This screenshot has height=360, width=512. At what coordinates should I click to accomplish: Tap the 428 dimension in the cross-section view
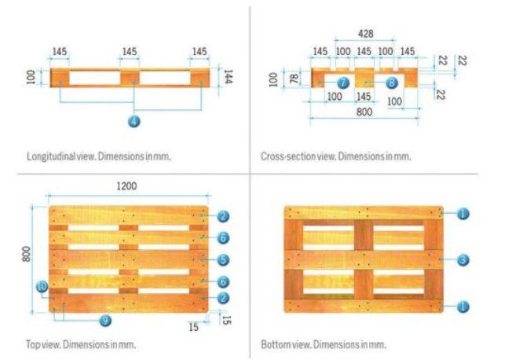[x=364, y=34]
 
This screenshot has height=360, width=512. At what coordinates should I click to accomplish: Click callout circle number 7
[x=342, y=82]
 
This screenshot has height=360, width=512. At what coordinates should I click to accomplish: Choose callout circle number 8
[x=391, y=82]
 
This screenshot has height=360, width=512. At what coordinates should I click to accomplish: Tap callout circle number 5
[x=224, y=259]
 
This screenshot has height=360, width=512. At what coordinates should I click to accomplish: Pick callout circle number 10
[x=42, y=287]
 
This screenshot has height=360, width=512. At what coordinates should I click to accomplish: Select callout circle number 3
[x=463, y=259]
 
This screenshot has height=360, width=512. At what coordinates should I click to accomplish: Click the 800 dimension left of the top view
[x=26, y=253]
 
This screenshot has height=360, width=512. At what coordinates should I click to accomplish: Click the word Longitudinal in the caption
[x=49, y=156]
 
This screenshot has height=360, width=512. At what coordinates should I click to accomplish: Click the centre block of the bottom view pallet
[x=364, y=259]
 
